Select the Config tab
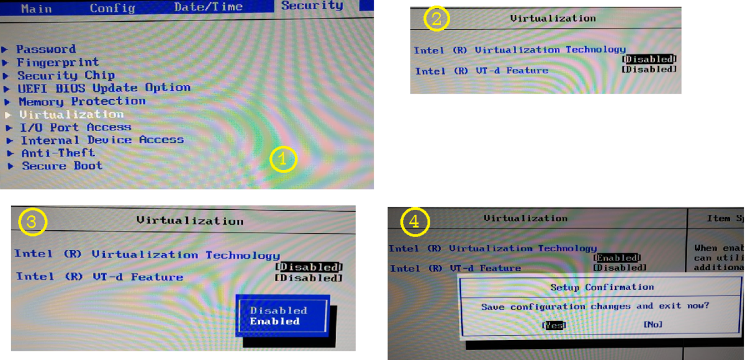coord(112,8)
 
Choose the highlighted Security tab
coord(312,6)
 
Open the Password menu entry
coord(46,49)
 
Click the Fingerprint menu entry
coord(57,62)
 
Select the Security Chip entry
coord(65,75)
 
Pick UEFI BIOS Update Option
coord(104,88)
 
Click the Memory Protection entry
coord(82,101)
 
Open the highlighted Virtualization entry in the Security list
coord(71,114)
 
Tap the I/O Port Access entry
coord(75,127)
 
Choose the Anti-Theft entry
coord(58,153)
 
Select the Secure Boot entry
coord(62,166)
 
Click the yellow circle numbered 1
coord(284,160)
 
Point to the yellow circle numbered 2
coord(436,19)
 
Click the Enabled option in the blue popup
coord(275,322)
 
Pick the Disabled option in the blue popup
coord(278,310)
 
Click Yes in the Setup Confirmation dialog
coord(554,325)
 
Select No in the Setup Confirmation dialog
coord(652,324)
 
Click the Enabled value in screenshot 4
coord(616,258)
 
